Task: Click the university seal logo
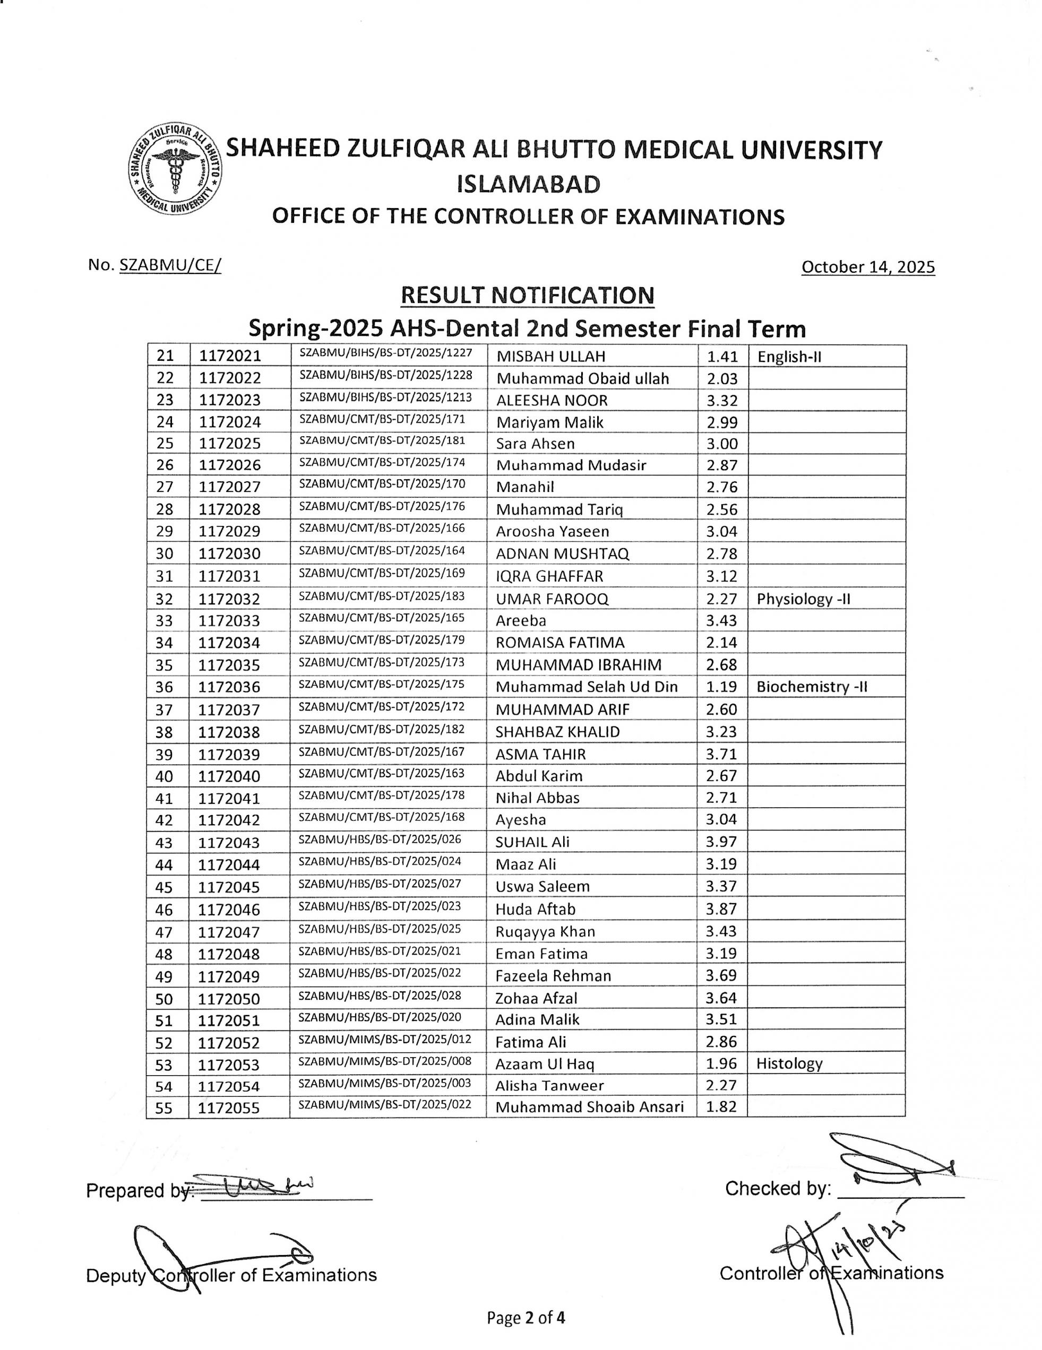click(175, 170)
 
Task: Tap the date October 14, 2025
click(867, 267)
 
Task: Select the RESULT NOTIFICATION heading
click(527, 296)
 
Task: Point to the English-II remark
click(789, 357)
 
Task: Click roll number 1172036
click(229, 687)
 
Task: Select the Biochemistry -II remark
click(811, 687)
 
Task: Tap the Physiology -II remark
click(803, 599)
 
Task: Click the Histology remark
click(789, 1063)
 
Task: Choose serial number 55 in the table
click(164, 1107)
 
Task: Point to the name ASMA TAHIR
click(540, 754)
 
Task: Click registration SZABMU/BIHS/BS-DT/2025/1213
click(385, 397)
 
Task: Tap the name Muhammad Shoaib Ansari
click(589, 1107)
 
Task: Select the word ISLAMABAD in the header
click(528, 184)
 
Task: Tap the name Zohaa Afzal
click(536, 998)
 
